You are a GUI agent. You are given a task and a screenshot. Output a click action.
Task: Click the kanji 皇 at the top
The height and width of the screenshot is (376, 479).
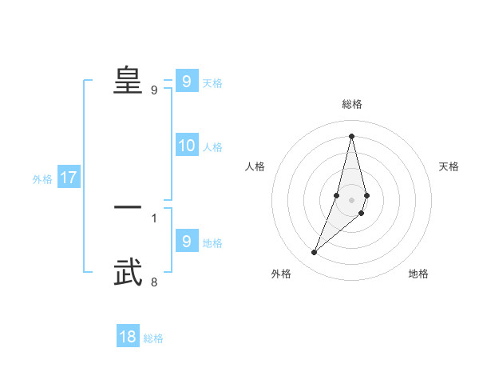(x=128, y=80)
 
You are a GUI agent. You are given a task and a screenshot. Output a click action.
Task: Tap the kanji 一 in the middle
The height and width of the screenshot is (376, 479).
(x=128, y=206)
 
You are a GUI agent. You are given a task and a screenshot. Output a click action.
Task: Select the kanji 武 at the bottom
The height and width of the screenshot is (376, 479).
(x=128, y=273)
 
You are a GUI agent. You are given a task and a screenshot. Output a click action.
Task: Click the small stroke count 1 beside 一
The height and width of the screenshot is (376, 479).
(x=154, y=218)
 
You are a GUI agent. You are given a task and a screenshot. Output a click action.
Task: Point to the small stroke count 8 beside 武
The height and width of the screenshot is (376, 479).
(x=154, y=282)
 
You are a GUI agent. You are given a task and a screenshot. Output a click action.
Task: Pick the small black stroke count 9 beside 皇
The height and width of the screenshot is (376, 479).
(x=154, y=90)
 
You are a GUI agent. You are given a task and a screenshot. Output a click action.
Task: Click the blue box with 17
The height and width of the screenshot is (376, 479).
(x=68, y=178)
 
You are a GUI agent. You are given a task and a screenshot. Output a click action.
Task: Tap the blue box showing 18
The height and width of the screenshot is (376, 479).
(x=128, y=337)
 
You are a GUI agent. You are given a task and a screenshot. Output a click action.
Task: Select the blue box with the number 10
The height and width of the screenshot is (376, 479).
(x=187, y=146)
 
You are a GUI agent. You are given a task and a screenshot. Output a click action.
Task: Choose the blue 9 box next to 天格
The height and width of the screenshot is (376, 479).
(x=187, y=81)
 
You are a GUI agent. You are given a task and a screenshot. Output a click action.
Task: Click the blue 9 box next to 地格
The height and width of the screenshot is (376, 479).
(x=187, y=241)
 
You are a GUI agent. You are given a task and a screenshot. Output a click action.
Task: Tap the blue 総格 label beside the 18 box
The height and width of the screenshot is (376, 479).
(x=153, y=338)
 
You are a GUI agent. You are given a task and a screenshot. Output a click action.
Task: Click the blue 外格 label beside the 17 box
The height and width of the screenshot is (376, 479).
(x=42, y=179)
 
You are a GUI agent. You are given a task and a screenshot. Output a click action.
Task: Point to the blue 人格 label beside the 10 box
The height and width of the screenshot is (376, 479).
(x=212, y=147)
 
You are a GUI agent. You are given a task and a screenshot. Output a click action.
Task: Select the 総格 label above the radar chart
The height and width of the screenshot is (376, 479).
(x=351, y=104)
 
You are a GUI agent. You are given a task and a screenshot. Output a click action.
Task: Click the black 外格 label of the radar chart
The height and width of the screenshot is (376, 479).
(x=281, y=274)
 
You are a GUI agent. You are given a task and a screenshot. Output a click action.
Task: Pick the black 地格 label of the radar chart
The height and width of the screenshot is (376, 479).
(x=418, y=274)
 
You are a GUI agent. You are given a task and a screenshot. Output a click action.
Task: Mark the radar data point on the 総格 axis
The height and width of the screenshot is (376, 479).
(x=351, y=135)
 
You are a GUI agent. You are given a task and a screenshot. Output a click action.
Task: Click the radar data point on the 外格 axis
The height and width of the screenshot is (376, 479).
(x=314, y=253)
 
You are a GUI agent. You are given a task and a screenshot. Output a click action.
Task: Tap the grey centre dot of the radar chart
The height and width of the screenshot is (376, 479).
(x=351, y=200)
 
